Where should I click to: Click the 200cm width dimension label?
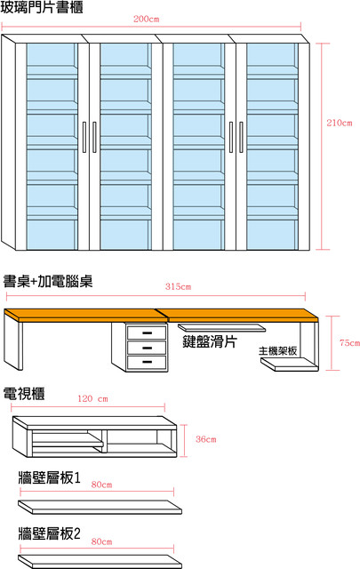(147, 19)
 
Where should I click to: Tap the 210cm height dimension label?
(340, 123)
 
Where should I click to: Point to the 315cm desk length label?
(178, 286)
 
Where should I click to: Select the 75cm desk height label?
(349, 342)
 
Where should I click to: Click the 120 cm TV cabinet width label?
(92, 399)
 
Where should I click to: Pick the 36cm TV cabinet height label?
(205, 439)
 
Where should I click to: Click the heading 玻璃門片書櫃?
(42, 7)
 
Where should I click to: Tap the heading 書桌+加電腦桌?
(48, 281)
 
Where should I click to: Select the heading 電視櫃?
(24, 394)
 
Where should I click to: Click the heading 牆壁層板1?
(50, 477)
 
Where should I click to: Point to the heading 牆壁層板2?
(50, 533)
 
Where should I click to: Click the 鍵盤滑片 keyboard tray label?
(210, 341)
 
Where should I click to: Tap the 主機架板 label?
(277, 351)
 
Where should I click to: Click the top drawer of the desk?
(147, 333)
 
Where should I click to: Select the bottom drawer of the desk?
(147, 362)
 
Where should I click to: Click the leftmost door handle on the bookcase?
(84, 137)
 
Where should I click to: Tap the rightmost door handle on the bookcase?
(241, 137)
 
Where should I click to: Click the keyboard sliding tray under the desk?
(221, 328)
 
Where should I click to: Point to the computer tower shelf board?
(290, 365)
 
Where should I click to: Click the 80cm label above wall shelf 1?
(101, 485)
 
